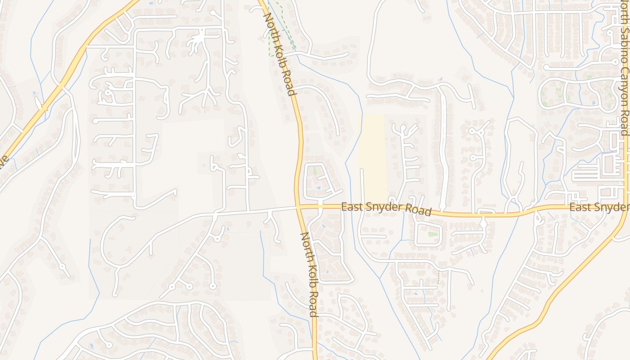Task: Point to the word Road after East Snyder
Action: point(418,210)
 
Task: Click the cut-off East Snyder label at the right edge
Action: point(599,207)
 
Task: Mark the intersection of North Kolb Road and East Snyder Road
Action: point(298,207)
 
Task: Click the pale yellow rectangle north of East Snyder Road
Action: point(373,157)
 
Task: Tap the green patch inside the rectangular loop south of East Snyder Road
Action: point(432,234)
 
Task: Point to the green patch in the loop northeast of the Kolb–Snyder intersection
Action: point(315,171)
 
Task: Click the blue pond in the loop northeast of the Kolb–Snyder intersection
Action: point(319,188)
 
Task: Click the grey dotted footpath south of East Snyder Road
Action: point(438,277)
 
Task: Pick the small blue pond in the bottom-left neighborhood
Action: point(92,346)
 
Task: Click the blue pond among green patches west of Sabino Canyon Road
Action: point(594,102)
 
